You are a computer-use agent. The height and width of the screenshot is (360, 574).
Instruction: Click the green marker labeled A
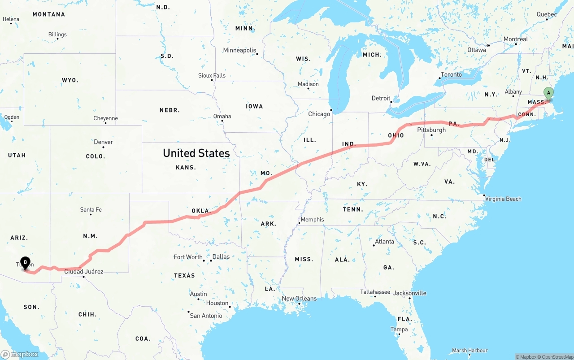548,93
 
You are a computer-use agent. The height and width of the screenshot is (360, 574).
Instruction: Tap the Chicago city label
319,114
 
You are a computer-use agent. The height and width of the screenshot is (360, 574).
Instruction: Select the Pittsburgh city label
431,130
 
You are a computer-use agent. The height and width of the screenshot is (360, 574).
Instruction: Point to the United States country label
196,153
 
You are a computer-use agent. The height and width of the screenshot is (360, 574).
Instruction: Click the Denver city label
103,142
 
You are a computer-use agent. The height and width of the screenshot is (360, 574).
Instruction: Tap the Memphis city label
312,219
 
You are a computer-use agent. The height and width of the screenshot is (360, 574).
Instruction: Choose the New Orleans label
299,299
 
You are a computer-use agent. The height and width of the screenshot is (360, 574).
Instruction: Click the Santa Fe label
91,209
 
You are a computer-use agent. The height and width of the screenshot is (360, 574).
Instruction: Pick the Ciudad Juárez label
84,271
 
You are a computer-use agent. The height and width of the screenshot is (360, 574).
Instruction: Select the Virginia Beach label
503,199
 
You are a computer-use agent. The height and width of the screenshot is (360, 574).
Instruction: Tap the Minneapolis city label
239,50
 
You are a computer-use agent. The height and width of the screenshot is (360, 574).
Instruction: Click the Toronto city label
451,74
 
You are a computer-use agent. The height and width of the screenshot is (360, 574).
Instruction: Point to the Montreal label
516,39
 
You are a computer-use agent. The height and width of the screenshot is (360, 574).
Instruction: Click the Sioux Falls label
212,75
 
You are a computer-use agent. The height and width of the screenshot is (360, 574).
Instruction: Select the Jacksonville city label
410,293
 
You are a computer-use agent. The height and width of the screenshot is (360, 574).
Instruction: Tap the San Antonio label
206,316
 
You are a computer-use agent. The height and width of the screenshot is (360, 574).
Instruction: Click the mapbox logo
20,354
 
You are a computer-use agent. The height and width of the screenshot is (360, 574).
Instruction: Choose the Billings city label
57,35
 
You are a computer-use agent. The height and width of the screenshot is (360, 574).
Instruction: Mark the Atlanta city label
385,242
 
